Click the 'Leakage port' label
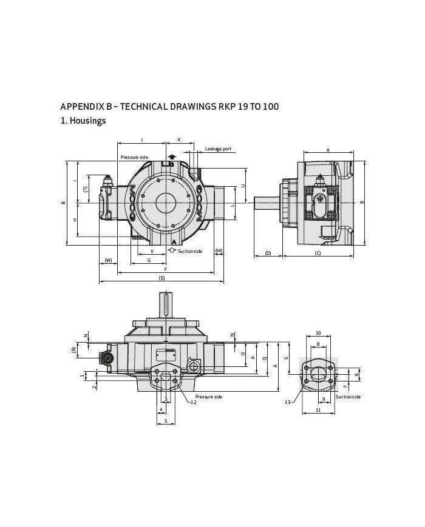[218, 149]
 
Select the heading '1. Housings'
[83, 121]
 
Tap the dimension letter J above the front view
[141, 139]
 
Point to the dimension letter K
[179, 139]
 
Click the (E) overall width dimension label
[161, 278]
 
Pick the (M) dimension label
[219, 251]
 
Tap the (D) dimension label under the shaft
[268, 253]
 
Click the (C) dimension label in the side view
[318, 253]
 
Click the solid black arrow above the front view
[172, 156]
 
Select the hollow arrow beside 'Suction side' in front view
[172, 250]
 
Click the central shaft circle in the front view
[165, 203]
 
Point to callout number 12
[193, 402]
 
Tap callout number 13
[288, 401]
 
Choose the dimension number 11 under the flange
[318, 411]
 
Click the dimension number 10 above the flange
[318, 333]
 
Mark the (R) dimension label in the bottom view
[73, 349]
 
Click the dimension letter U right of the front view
[243, 186]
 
